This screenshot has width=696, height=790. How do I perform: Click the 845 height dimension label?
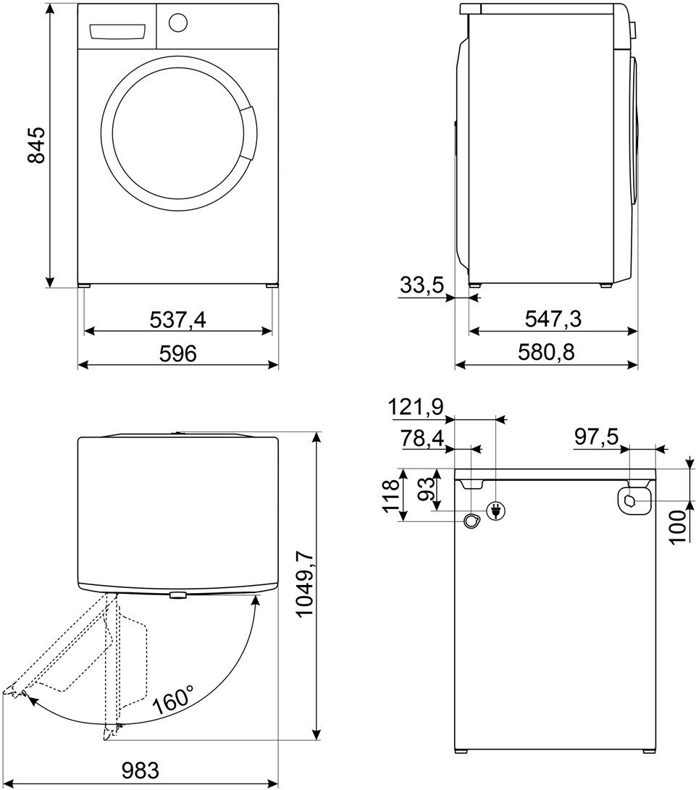click(x=36, y=146)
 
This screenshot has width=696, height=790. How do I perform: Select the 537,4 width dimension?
click(x=178, y=319)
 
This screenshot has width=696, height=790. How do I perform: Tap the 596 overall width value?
click(x=178, y=353)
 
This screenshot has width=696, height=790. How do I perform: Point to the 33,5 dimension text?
click(x=422, y=285)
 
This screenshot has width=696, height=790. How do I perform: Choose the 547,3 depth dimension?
click(x=553, y=319)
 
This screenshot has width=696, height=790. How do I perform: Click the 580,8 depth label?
click(x=546, y=352)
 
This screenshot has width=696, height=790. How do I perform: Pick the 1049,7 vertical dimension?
click(x=306, y=584)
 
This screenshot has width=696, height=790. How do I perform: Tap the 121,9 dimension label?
click(x=416, y=407)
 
